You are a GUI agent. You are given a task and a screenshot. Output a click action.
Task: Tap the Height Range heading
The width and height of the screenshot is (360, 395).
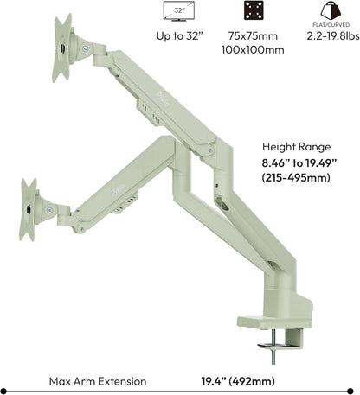300,146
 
